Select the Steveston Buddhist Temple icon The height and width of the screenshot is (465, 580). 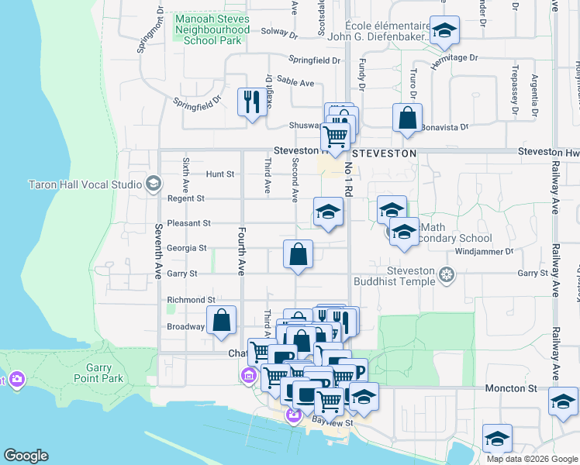pyautogui.click(x=446, y=274)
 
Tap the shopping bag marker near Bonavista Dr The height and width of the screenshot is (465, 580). pyautogui.click(x=407, y=119)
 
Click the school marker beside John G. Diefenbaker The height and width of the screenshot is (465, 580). pyautogui.click(x=444, y=31)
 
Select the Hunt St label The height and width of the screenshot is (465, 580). pyautogui.click(x=219, y=174)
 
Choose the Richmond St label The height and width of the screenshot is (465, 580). pyautogui.click(x=191, y=300)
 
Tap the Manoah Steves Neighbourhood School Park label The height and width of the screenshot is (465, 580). pyautogui.click(x=212, y=29)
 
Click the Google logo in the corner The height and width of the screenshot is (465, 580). pyautogui.click(x=26, y=456)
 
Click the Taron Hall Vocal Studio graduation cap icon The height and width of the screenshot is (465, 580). pyautogui.click(x=154, y=184)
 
